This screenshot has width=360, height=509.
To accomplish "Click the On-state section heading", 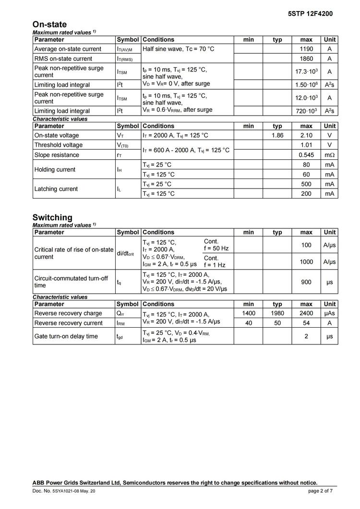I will tap(49, 24).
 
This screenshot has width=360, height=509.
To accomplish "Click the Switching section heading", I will tap(52, 217).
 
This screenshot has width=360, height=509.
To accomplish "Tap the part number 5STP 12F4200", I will tap(310, 13).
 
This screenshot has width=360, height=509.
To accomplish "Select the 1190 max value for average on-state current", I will tap(306, 49).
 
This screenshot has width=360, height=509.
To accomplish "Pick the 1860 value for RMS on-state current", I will tap(306, 59).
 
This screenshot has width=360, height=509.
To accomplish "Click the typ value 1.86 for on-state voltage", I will tap(277, 135).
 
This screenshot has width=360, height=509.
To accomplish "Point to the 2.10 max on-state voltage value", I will tap(306, 135).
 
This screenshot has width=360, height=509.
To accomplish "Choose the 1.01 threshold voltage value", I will tap(306, 145).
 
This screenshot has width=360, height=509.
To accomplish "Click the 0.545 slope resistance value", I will tap(306, 155).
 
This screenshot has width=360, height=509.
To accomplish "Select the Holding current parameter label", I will tap(55, 169).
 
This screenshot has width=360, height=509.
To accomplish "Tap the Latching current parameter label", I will tap(56, 189).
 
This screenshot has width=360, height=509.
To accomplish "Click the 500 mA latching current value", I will tap(306, 184).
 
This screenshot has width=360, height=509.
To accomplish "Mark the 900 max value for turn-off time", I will tap(306, 282).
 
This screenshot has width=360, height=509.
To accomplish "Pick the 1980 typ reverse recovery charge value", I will tap(277, 313).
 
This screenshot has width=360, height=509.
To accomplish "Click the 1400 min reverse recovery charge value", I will tap(249, 313).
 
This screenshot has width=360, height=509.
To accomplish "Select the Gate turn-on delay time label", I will tap(66, 336).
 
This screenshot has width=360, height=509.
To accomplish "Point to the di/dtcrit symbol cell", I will tap(127, 253).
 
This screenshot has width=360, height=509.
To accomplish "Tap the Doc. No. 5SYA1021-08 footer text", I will tap(60, 491).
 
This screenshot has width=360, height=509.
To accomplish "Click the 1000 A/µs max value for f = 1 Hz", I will tap(306, 262).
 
